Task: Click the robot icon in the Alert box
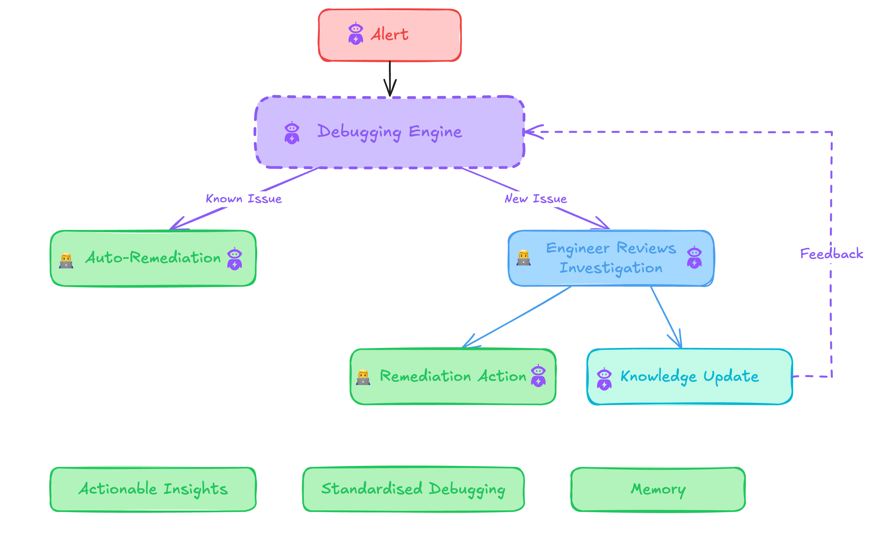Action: pos(355,34)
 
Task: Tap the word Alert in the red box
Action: pos(389,34)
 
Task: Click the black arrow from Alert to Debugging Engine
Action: pos(390,78)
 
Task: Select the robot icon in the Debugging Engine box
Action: pos(292,133)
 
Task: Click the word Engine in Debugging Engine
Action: pos(435,132)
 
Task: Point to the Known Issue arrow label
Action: pos(244,199)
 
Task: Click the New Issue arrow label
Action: pos(536,199)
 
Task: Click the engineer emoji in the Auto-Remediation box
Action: pos(66,261)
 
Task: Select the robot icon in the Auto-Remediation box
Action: pos(235,259)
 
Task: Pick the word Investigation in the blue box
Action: pos(611,268)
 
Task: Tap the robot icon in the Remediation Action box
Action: pos(538,376)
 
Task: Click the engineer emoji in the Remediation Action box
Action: pos(363,377)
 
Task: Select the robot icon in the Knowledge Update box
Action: pos(604,379)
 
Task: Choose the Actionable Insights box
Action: pos(153,489)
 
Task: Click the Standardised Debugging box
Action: pos(413,489)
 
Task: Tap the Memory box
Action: pos(658,489)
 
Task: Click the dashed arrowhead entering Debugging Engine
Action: pos(533,132)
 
